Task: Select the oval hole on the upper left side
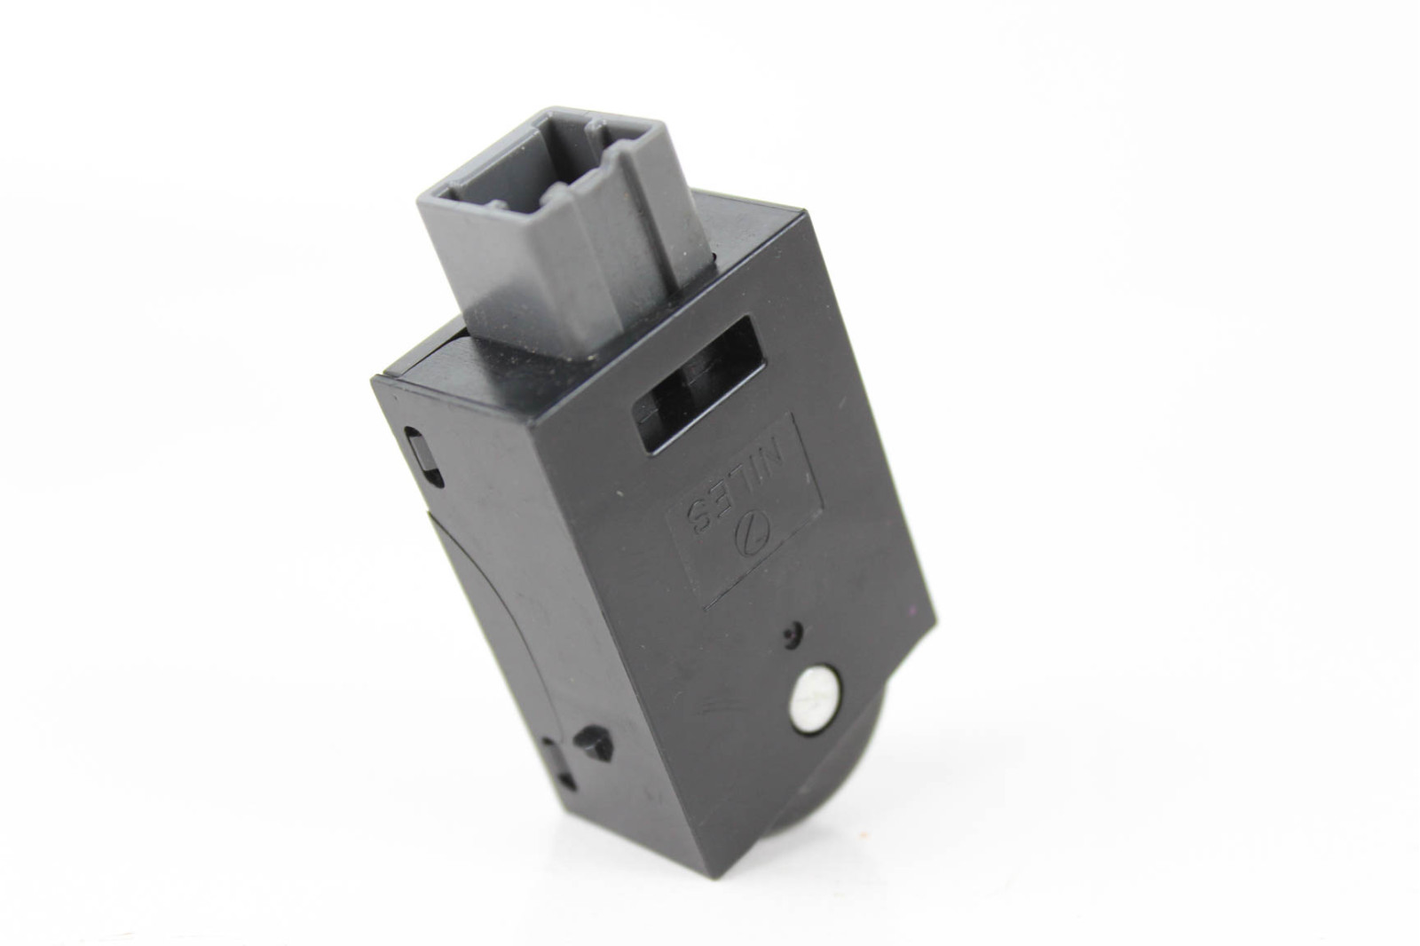tap(422, 456)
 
